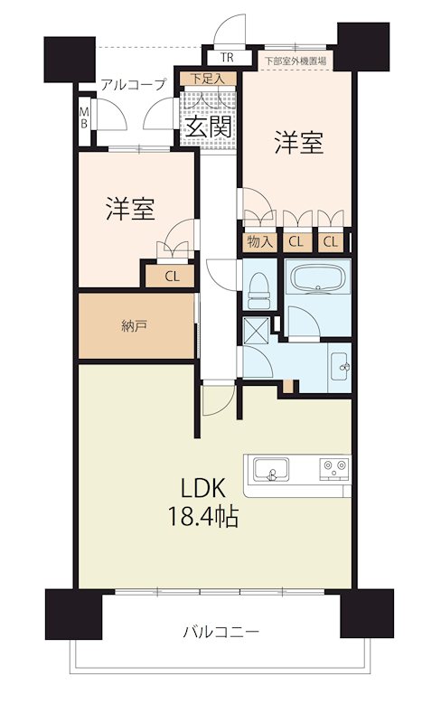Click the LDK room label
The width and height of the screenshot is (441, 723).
[x=208, y=488]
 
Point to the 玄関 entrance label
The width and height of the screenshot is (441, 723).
[x=211, y=127]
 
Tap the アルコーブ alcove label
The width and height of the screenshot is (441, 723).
[x=133, y=85]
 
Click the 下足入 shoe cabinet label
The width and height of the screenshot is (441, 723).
[x=209, y=80]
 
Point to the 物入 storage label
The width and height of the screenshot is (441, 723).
[x=260, y=241]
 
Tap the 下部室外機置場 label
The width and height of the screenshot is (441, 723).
[x=296, y=61]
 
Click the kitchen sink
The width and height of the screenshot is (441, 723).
[x=271, y=470]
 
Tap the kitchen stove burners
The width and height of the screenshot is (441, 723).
[x=332, y=469]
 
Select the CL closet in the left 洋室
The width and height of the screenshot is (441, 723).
[x=171, y=276]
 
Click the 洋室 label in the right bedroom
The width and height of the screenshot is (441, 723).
[x=298, y=143]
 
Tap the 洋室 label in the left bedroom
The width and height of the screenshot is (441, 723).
[x=130, y=210]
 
